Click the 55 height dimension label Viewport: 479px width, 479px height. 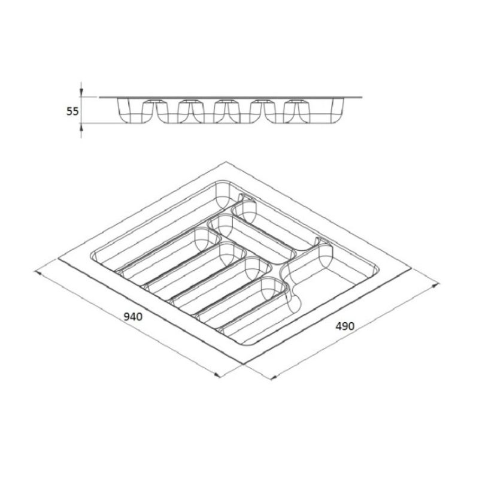72,111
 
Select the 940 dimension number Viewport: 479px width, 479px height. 133,317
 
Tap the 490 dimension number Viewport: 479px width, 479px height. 345,326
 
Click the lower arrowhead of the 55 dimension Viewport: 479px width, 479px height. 81,128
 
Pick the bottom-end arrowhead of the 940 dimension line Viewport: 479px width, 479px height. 217,375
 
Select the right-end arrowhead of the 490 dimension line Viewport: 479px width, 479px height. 436,286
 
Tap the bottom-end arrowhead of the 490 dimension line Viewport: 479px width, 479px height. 274,377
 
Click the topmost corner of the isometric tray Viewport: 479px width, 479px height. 226,162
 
